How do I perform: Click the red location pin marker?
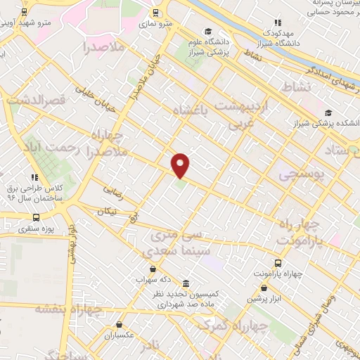pyautogui.click(x=181, y=165)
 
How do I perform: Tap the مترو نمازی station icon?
pyautogui.click(x=156, y=13)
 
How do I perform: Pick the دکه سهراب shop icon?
pyautogui.click(x=153, y=269)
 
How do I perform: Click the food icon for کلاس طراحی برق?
pyautogui.click(x=33, y=176)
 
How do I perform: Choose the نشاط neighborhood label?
pyautogui.click(x=296, y=86)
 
